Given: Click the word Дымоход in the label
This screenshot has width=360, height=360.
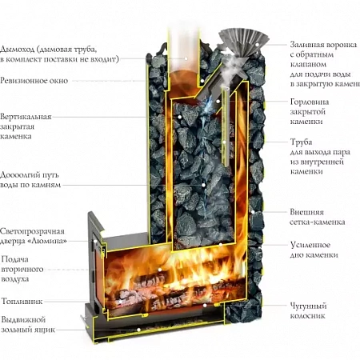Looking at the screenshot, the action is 18,50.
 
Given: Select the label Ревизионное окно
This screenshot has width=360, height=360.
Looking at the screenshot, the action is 34,81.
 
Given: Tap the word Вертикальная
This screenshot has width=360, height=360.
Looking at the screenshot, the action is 26,117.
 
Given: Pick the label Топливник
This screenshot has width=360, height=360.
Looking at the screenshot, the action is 22,302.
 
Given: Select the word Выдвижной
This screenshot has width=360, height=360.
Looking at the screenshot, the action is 23,319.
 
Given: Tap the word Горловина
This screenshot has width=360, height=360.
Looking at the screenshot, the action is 310,102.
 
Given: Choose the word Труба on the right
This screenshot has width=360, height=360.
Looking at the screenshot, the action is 301,142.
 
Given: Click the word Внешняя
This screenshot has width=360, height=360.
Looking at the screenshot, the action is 303,212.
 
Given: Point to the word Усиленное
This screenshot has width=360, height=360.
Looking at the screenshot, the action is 310,245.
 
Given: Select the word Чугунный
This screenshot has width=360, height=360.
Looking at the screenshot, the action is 308,306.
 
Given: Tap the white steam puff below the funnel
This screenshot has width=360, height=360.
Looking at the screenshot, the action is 230,71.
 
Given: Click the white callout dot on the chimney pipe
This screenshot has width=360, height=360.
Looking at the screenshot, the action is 186,58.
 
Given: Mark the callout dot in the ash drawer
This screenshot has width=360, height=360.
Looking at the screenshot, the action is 138,330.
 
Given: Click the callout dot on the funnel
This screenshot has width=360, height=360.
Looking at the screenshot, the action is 257,45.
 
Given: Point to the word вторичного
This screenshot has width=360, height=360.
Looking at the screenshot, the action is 22,269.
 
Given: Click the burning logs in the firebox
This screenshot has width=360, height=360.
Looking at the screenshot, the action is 174,290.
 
